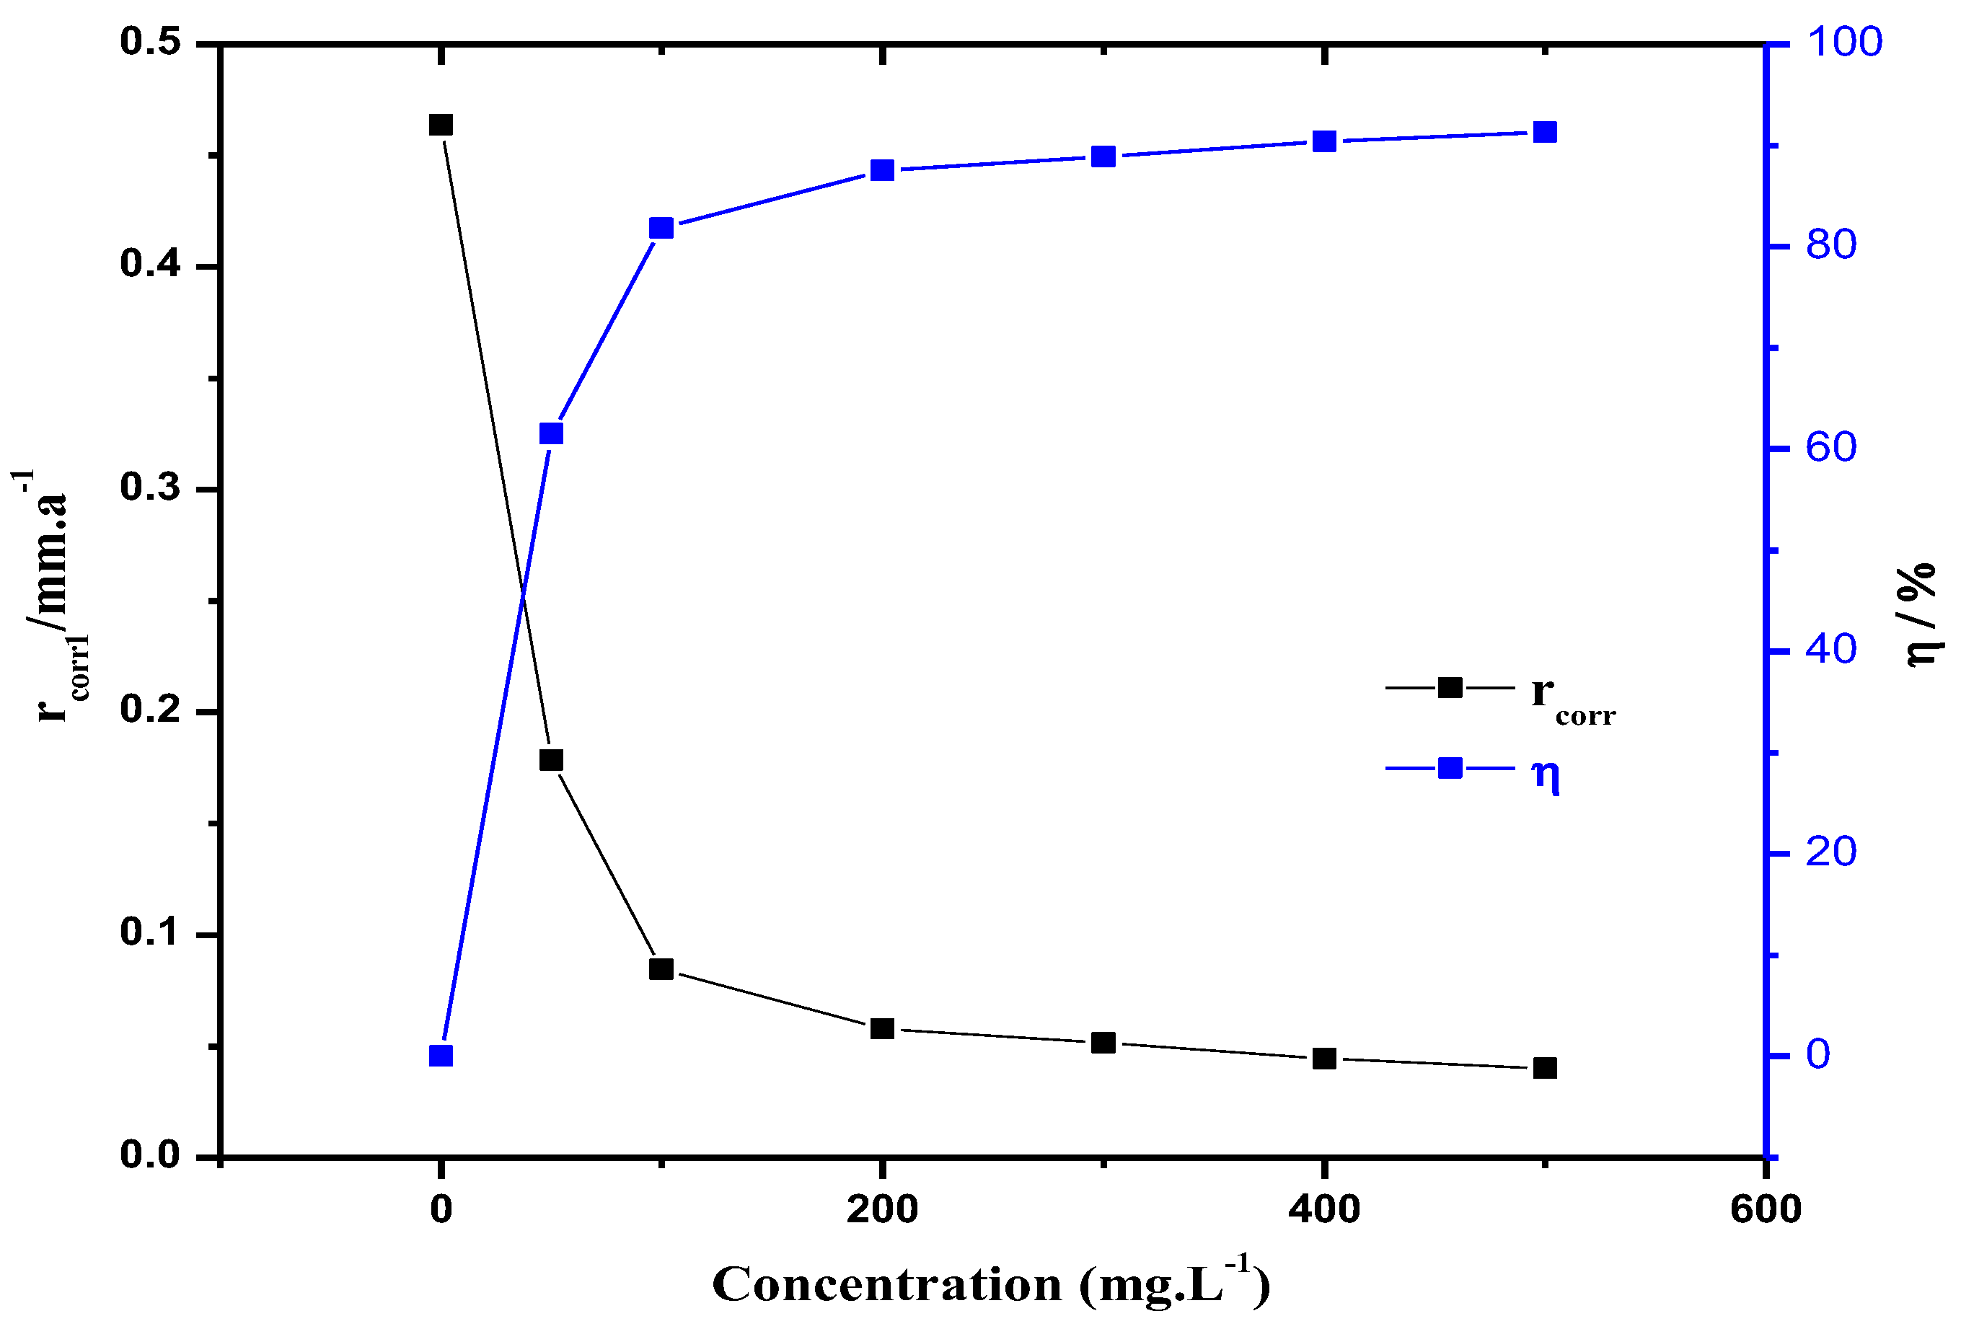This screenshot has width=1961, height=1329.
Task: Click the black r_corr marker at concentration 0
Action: point(441,125)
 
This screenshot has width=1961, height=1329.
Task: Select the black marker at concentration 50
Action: point(551,760)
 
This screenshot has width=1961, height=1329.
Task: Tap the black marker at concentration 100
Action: point(661,968)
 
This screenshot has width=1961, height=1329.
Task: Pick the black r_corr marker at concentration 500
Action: point(1545,1068)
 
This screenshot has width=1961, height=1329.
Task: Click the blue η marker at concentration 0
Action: point(441,1056)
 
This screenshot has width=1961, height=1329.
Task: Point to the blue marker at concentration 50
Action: point(551,433)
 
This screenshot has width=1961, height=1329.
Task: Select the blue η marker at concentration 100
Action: point(661,229)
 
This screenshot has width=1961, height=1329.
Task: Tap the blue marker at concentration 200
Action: point(883,170)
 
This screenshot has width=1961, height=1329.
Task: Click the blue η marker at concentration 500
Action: point(1545,132)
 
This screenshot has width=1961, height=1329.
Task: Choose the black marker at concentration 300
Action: point(1103,1043)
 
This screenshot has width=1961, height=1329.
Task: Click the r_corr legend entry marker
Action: point(1450,688)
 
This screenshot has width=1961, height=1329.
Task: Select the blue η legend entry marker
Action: point(1450,768)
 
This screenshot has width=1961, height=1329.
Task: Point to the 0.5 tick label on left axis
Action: point(151,43)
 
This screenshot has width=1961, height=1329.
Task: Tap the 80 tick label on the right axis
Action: point(1831,246)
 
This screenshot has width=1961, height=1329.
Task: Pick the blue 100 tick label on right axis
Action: point(1845,43)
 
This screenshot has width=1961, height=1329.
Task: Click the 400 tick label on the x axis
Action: point(1324,1210)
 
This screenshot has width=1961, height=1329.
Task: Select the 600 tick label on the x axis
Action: point(1766,1210)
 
